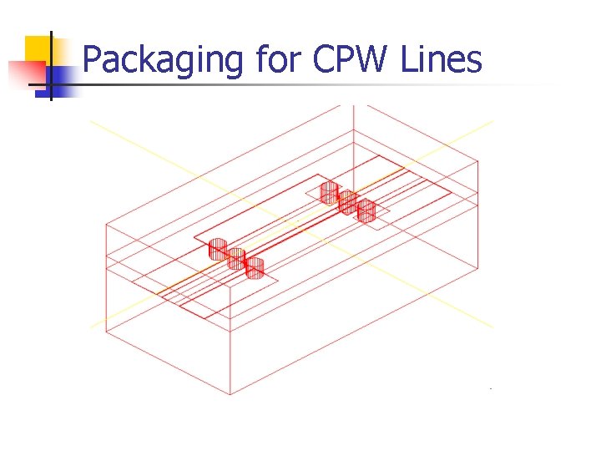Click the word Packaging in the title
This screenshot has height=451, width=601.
click(163, 61)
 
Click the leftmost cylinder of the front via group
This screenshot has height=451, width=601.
click(218, 249)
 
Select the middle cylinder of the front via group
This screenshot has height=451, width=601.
click(236, 258)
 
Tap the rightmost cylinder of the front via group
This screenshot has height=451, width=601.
click(255, 268)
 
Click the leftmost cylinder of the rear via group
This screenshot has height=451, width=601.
click(330, 193)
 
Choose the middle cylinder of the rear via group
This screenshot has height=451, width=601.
click(348, 201)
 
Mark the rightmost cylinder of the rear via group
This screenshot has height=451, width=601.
click(366, 210)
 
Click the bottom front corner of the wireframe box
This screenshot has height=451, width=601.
click(230, 395)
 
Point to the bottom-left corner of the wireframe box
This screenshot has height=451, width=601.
click(106, 332)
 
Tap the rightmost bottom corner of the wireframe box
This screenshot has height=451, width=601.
click(477, 269)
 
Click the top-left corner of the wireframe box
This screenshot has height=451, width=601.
click(106, 223)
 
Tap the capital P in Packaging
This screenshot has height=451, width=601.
click(93, 59)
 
